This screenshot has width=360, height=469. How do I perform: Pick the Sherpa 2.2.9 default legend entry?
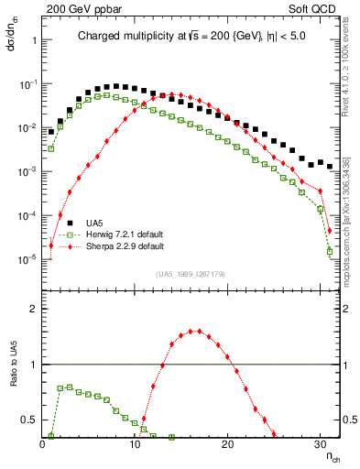tap(124, 247)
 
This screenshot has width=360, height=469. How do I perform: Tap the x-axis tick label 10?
tap(135, 444)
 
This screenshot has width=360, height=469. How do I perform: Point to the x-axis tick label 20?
tap(227, 444)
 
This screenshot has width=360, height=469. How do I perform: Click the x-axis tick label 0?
tap(42, 444)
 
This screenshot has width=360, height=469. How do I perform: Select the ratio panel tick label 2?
tap(33, 308)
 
